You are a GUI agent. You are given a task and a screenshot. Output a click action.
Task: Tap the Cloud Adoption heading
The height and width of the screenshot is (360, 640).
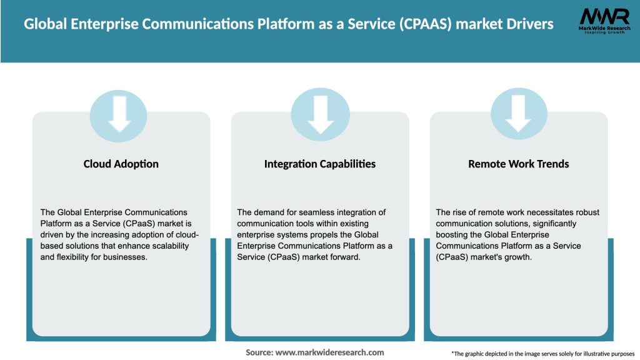point(121,164)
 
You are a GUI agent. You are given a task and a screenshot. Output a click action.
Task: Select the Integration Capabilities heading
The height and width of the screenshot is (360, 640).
point(320,164)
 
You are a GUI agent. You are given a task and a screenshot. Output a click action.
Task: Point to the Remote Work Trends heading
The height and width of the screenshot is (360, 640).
point(519,164)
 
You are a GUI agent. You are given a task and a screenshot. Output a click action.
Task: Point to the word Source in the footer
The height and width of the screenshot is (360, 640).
point(259,352)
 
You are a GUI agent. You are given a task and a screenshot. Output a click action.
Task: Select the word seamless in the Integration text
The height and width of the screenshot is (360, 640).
point(308,212)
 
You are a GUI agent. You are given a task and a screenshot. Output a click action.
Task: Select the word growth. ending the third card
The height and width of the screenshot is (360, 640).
point(517,257)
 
